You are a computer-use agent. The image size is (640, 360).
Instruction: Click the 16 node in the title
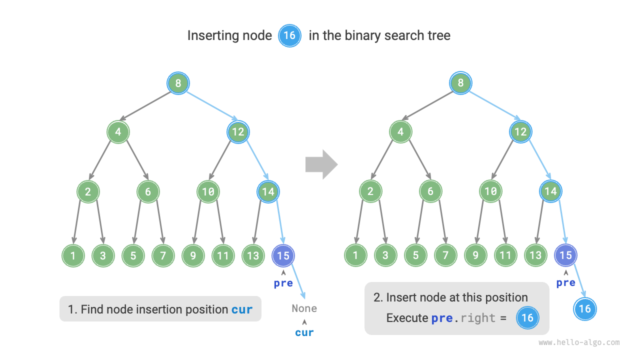[289, 36]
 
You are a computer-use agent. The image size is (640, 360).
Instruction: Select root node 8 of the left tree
[178, 83]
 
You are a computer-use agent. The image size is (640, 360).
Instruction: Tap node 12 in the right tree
[520, 132]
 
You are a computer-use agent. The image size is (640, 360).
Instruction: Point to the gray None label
[304, 308]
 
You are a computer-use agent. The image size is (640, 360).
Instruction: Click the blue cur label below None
[304, 332]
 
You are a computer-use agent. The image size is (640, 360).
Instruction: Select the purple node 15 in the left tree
[283, 255]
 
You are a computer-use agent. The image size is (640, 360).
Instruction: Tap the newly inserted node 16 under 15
[585, 308]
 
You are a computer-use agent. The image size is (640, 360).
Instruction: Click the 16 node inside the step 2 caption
[527, 318]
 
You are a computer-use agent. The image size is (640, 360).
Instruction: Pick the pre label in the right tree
[565, 283]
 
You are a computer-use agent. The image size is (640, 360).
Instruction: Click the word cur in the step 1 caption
[242, 309]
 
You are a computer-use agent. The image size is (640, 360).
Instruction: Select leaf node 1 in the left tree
[73, 255]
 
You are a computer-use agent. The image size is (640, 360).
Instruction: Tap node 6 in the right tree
[430, 191]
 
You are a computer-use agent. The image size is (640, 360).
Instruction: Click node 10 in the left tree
[208, 191]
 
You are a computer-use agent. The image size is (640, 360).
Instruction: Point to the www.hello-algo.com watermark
[579, 342]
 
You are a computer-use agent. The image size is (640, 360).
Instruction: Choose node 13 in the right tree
[535, 255]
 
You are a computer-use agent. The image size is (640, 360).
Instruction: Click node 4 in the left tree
[118, 132]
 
